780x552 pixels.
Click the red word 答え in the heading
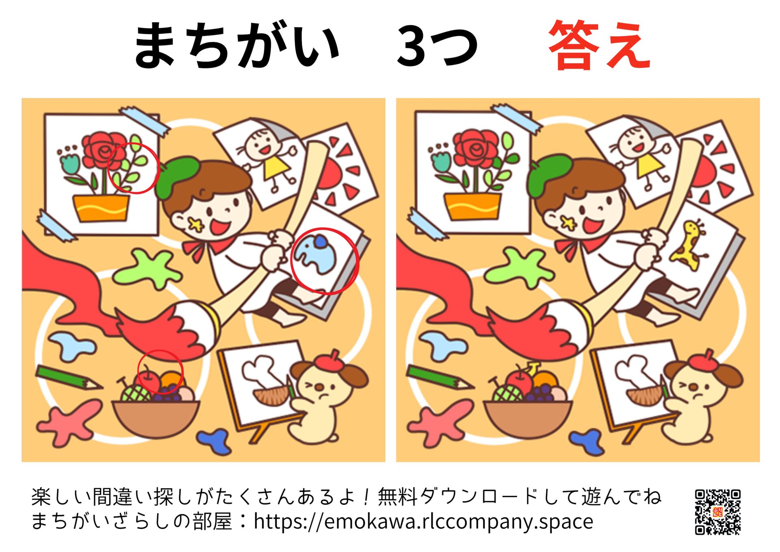pyautogui.click(x=599, y=46)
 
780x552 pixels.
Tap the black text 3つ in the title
pyautogui.click(x=437, y=46)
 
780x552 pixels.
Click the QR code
pyautogui.click(x=717, y=512)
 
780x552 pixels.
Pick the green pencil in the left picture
pyautogui.click(x=67, y=378)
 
